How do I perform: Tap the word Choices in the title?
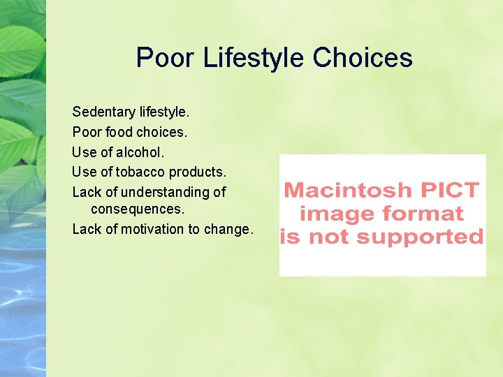(x=363, y=57)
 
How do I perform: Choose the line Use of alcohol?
(x=118, y=151)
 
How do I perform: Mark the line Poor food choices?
(x=130, y=131)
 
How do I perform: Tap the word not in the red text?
(x=335, y=237)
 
